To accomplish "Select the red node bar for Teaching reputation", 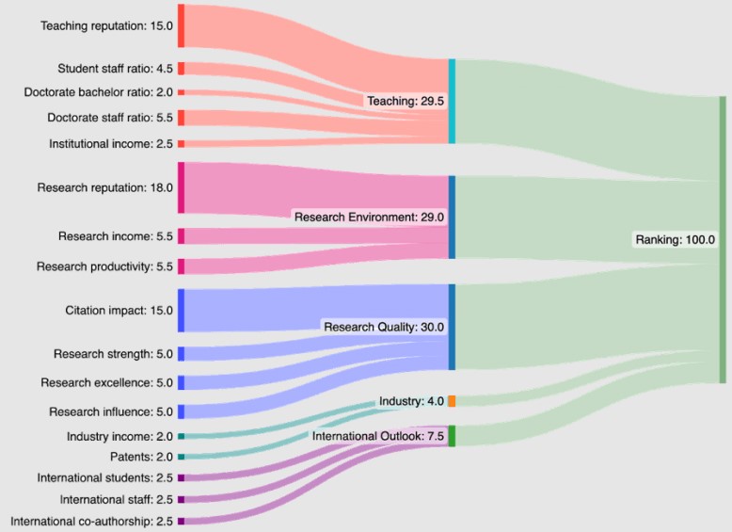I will coord(181,25).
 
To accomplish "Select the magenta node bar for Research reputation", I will coord(181,187).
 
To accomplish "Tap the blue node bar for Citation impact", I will coord(181,310).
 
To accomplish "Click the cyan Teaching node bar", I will coord(452,101).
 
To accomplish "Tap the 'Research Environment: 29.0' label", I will coord(369,217).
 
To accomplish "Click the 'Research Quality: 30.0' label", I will coord(384,327).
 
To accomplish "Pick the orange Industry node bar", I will coord(452,401).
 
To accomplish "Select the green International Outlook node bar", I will coord(452,436).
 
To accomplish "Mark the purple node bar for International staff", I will coord(181,499).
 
